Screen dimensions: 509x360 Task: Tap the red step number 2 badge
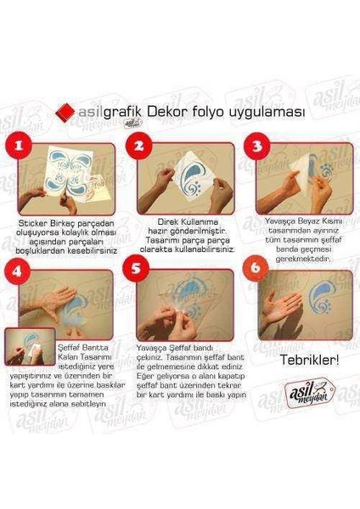[139, 146]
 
